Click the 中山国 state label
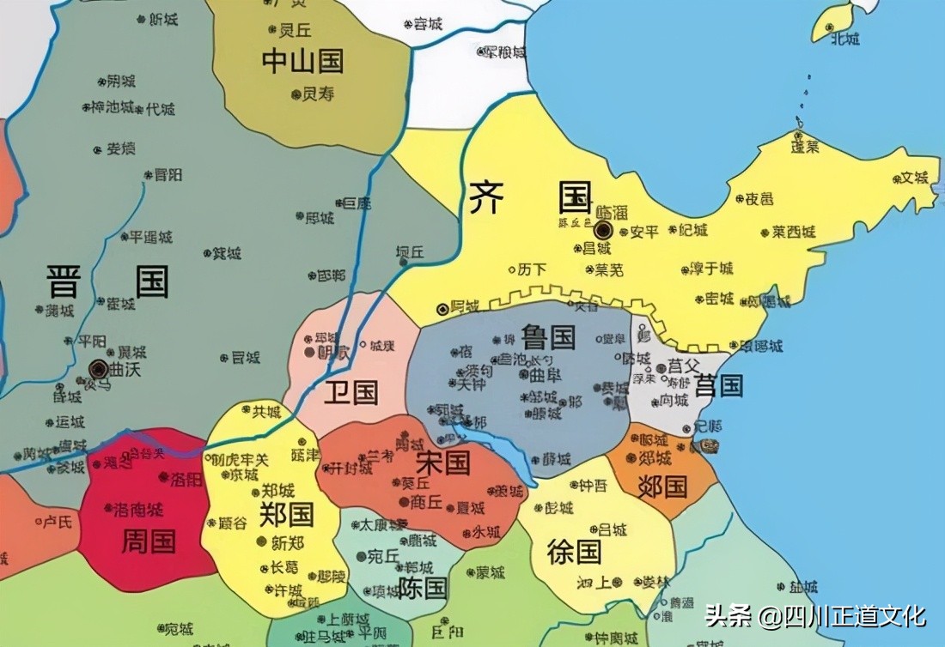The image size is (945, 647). [302, 61]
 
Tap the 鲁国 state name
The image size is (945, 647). [547, 336]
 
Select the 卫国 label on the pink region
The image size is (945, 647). [351, 393]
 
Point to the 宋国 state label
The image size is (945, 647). [442, 463]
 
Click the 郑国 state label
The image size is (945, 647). [287, 514]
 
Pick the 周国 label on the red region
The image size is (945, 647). [149, 541]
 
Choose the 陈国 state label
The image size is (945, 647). [423, 588]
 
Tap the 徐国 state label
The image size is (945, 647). [574, 552]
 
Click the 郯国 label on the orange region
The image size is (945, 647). [662, 487]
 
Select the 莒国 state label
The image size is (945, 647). [719, 386]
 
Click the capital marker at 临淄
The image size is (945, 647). [603, 230]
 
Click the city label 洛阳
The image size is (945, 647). [186, 479]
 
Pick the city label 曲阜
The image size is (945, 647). [545, 375]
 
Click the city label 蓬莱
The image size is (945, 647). [806, 147]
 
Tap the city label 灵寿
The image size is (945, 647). [318, 94]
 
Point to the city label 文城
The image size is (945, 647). [914, 178]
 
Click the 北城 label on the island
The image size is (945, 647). [845, 39]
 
